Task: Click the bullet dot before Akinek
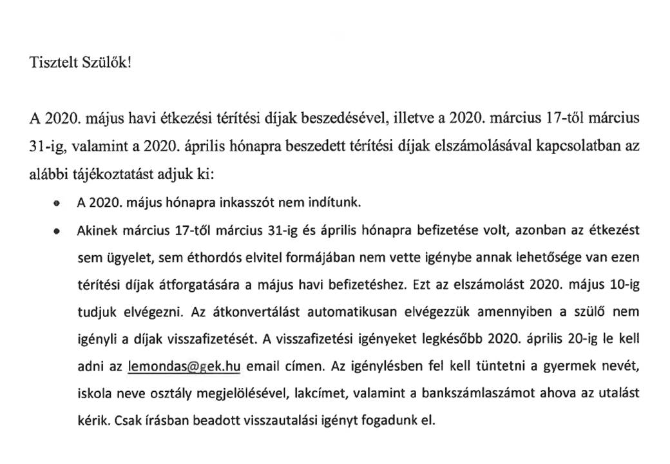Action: pos(57,230)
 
